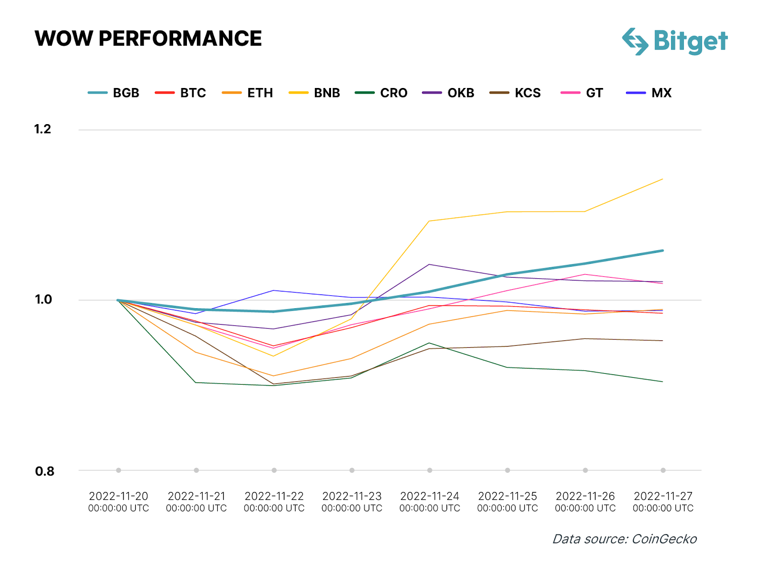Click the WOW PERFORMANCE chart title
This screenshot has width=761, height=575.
click(148, 39)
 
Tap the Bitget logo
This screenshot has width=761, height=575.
click(675, 41)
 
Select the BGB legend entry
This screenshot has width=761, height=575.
click(114, 93)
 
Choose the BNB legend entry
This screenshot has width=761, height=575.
click(315, 93)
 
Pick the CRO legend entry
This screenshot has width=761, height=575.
click(381, 93)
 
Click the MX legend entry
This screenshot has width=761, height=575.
click(649, 93)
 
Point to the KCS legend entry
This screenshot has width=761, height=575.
click(516, 93)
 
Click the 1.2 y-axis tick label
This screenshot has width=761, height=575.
click(42, 129)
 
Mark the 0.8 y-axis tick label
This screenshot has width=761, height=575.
click(44, 471)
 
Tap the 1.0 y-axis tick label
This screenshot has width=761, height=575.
click(43, 299)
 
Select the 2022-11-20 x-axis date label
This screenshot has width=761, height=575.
click(118, 502)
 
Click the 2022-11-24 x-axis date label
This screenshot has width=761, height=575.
click(429, 502)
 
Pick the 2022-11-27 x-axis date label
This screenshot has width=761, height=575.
click(663, 502)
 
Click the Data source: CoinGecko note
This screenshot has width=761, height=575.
click(624, 539)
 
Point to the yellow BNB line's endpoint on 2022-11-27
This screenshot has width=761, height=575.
click(663, 179)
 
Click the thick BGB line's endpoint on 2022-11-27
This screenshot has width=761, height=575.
click(663, 251)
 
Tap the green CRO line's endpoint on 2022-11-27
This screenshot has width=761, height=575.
click(663, 381)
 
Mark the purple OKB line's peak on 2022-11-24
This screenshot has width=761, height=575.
click(429, 264)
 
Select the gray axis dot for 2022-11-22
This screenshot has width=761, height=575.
click(274, 470)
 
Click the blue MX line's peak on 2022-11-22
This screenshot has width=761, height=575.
click(274, 290)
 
